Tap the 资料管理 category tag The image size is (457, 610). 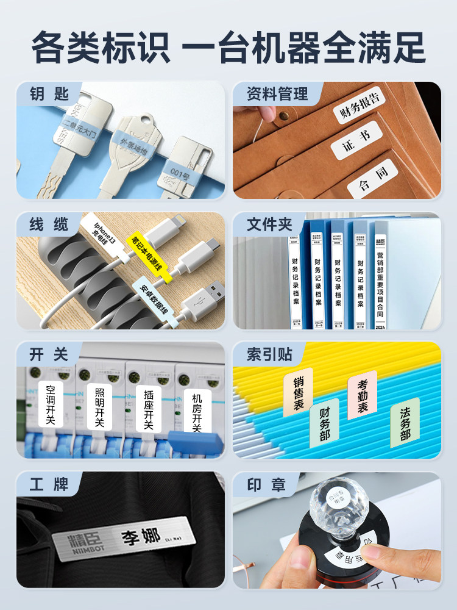pos(277,95)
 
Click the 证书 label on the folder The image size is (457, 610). pos(356,140)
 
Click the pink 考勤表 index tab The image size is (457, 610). pos(363,395)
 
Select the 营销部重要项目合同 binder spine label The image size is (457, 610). pos(380,278)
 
